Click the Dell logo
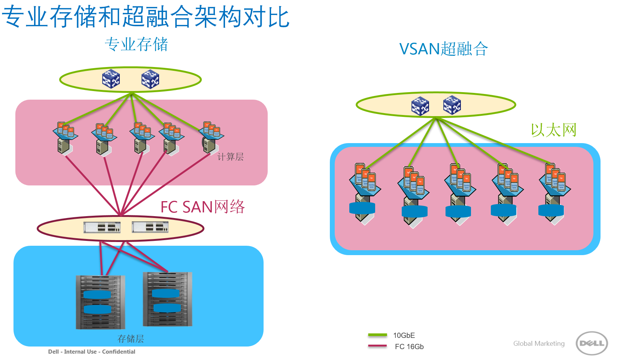click(x=592, y=343)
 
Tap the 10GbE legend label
click(x=404, y=335)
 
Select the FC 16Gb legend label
click(x=409, y=347)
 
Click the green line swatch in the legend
click(x=377, y=335)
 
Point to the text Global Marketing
click(x=539, y=344)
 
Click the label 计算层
click(x=230, y=157)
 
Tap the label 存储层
click(x=131, y=339)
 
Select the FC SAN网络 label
click(x=202, y=207)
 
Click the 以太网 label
click(x=553, y=130)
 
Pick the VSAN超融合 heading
click(x=443, y=49)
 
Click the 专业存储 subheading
click(x=136, y=45)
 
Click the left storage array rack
click(x=100, y=302)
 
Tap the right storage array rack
click(x=167, y=299)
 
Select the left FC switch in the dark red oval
click(x=102, y=227)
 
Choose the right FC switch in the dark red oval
click(x=150, y=227)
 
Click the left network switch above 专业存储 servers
click(x=111, y=79)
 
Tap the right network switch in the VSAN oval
click(x=452, y=105)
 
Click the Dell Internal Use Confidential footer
click(x=92, y=352)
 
